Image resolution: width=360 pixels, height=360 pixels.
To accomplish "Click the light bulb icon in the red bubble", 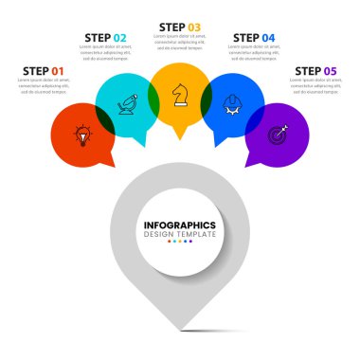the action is tap(83, 135).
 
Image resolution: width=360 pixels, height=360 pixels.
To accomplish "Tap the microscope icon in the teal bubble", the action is tap(126, 105).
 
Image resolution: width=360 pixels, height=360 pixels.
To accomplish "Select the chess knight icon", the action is tap(179, 94).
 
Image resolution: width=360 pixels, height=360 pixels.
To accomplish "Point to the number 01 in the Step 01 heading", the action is tap(58, 71).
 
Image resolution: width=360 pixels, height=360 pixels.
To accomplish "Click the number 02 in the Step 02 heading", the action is tap(119, 38).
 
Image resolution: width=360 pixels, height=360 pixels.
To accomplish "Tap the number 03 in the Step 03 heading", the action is tap(194, 27).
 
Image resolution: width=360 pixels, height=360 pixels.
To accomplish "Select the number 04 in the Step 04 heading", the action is tap(268, 38).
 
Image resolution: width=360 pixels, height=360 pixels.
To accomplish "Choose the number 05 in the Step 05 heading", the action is tap(330, 71).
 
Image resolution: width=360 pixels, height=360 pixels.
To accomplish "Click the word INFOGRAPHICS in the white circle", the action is tap(180, 225).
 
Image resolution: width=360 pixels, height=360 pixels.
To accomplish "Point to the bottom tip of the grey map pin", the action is tap(180, 330).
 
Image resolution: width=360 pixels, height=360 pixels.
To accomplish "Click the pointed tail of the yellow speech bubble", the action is tap(179, 138).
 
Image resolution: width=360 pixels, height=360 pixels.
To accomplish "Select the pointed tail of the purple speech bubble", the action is tap(250, 166).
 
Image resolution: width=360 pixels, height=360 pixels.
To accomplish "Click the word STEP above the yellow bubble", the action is tap(171, 27).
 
